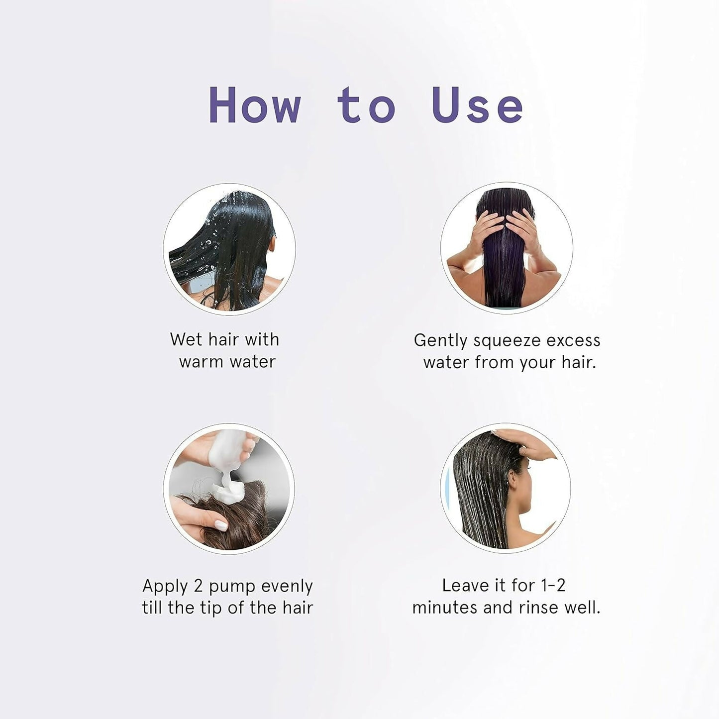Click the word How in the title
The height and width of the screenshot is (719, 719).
coord(255,105)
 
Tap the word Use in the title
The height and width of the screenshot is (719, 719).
coord(477,105)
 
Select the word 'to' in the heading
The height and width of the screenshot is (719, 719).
coord(366,105)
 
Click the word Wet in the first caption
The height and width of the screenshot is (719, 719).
coord(186,339)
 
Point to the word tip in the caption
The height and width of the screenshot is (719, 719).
coord(211,609)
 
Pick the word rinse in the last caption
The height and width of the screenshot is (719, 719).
coord(538,608)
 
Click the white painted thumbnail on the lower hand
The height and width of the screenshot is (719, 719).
coord(221,525)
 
